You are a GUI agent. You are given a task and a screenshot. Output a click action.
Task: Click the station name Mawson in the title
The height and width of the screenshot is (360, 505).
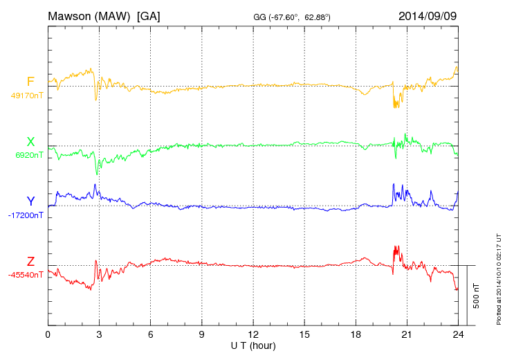point(71,15)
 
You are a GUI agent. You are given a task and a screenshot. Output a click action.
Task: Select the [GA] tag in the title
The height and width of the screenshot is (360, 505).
point(149,15)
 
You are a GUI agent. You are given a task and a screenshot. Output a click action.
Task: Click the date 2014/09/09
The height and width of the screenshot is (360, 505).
point(428,15)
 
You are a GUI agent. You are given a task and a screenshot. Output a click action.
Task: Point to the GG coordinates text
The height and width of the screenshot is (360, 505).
point(292,16)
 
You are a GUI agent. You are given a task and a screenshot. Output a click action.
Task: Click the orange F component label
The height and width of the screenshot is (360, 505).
point(30,82)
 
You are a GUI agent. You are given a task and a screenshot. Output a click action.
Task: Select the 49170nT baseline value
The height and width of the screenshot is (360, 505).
point(26,96)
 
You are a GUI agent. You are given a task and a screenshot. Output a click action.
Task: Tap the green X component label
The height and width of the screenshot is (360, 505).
point(30,143)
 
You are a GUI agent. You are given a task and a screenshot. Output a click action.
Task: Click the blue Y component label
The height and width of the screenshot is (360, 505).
point(30,201)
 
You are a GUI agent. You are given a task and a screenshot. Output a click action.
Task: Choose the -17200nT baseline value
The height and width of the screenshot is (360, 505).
point(26,215)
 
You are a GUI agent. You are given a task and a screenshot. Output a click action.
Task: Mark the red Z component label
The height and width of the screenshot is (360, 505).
point(30,262)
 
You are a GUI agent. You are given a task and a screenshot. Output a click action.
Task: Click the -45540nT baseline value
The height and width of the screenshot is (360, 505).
point(26,275)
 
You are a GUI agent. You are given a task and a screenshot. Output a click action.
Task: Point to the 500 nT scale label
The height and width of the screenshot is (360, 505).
point(477,296)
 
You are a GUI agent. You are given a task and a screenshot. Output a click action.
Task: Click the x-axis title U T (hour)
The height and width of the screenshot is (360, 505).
point(253,345)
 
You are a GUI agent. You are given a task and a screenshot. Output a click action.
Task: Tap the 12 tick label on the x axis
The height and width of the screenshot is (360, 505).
point(253,334)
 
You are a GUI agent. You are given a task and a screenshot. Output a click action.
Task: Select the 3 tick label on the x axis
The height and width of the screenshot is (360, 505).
point(99,334)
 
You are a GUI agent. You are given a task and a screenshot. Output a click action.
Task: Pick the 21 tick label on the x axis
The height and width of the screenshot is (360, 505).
point(407,334)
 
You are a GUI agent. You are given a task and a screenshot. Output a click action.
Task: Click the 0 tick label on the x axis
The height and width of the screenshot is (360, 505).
point(48,334)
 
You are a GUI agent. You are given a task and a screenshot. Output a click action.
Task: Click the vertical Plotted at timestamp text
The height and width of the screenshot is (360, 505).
point(499,276)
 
